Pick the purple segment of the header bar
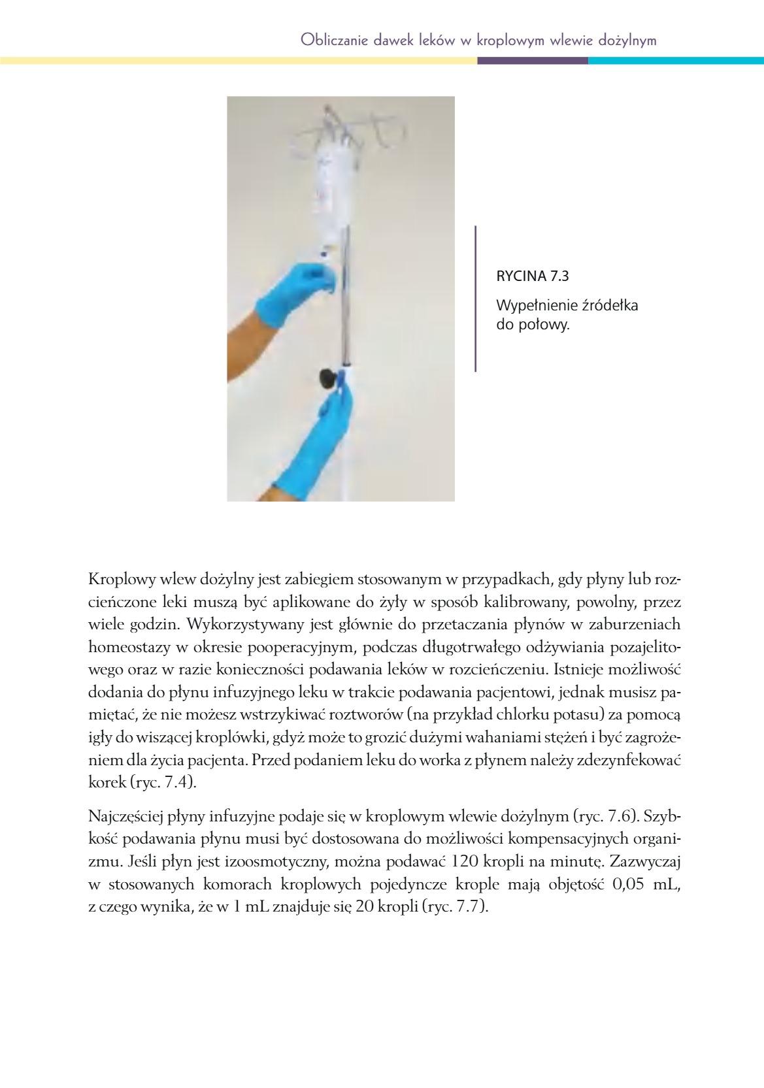pyautogui.click(x=532, y=61)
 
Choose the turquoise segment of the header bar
pyautogui.click(x=675, y=61)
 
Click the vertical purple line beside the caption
pyautogui.click(x=475, y=299)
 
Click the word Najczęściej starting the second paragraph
pyautogui.click(x=124, y=816)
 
